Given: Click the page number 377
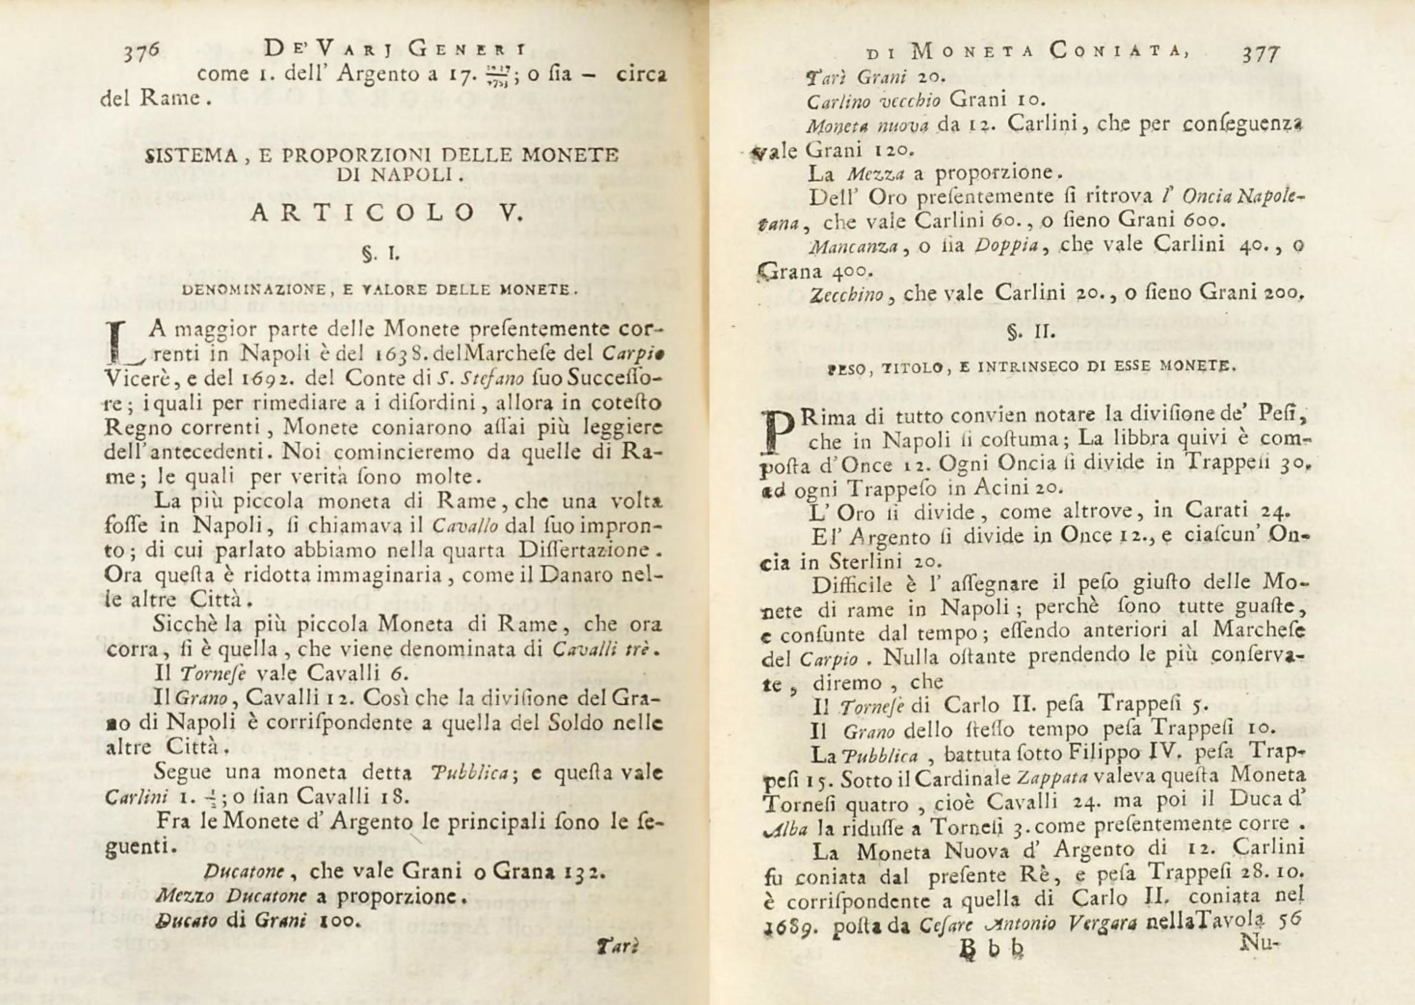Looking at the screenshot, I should (x=1260, y=54).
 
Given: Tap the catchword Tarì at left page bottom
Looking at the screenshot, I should (x=616, y=946).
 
